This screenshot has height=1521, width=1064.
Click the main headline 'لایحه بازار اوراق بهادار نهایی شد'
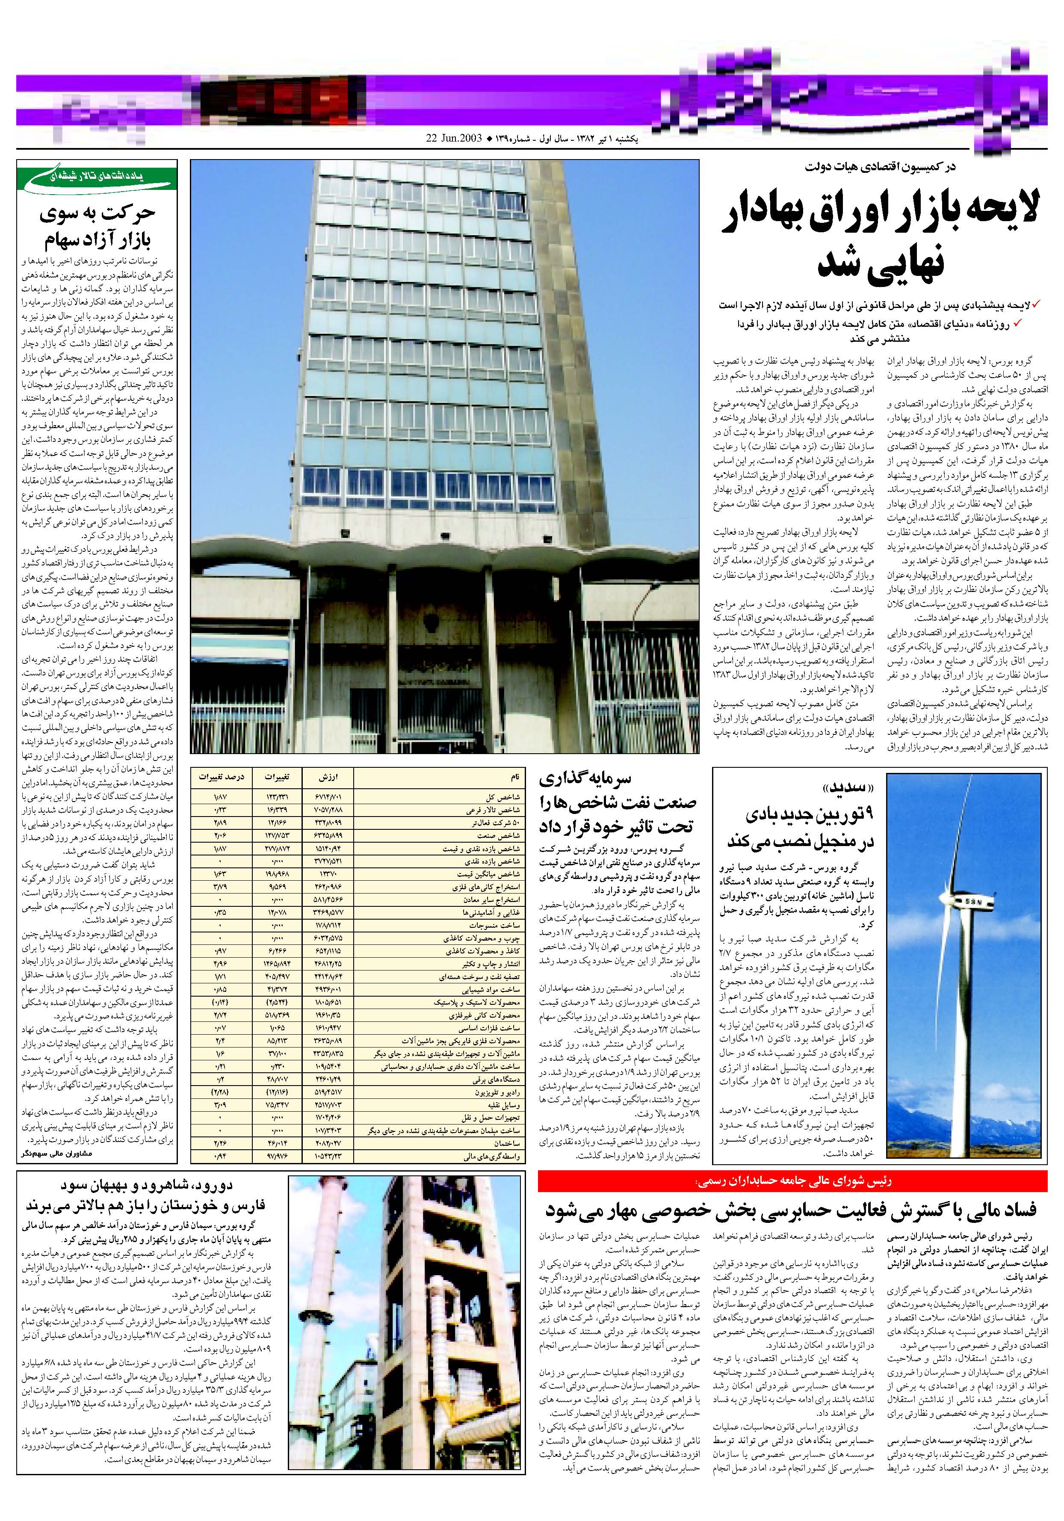click(879, 239)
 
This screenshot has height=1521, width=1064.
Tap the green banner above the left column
click(98, 178)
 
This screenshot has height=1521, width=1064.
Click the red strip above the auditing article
click(792, 1181)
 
